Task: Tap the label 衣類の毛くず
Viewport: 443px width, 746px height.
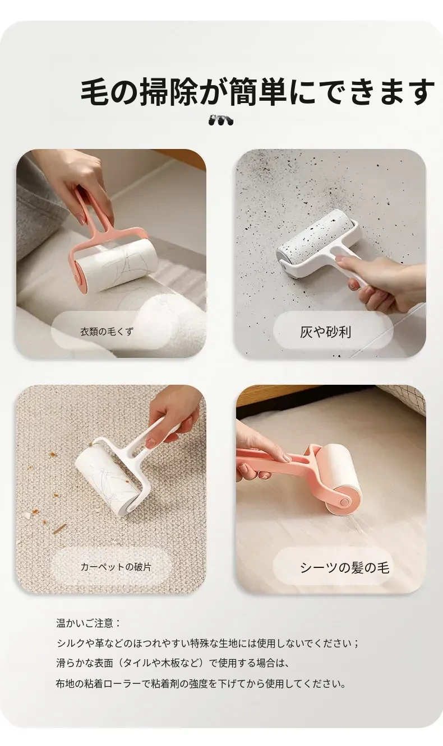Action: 107,332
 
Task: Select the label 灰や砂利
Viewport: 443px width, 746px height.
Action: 325,332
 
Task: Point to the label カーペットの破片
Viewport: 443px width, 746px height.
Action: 116,566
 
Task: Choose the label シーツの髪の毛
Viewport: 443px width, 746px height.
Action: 345,567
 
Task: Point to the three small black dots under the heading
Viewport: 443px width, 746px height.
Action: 221,120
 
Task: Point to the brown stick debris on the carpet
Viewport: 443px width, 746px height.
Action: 59,529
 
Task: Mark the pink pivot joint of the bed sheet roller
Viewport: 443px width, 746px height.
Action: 344,501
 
